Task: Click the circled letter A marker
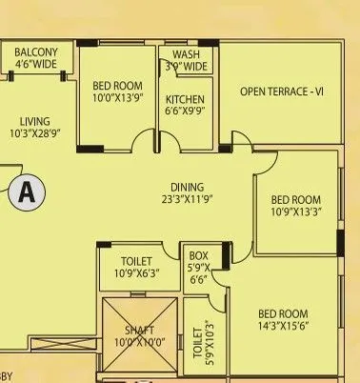28,192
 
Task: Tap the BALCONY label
36,52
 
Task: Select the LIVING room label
34,121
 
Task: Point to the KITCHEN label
186,99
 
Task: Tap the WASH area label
186,54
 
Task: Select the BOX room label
198,255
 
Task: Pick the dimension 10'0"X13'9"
117,97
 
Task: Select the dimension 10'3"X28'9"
34,133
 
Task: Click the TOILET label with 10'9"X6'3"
137,260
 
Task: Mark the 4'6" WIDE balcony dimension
36,65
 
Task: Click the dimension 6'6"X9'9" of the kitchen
186,111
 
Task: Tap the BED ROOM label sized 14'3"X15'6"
283,313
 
